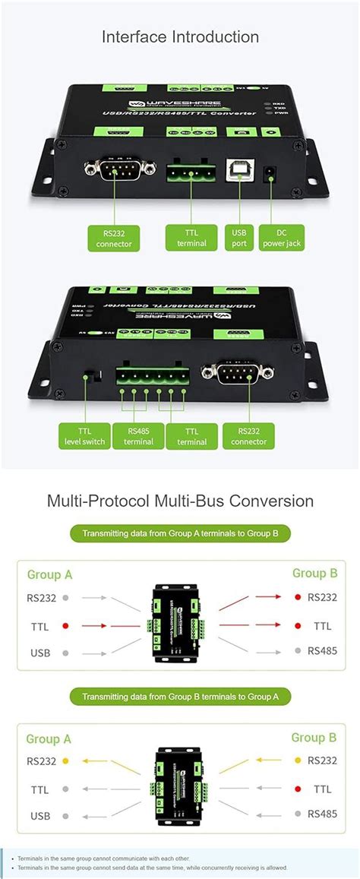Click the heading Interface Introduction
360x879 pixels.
click(x=180, y=37)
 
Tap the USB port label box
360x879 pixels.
click(x=239, y=237)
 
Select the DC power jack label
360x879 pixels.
click(x=281, y=237)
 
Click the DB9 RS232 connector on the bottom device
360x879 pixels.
click(x=236, y=372)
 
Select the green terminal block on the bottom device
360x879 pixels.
click(x=152, y=375)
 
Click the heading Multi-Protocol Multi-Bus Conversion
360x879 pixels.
click(x=180, y=501)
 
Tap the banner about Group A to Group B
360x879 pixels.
click(x=180, y=534)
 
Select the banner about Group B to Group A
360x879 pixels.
click(x=180, y=696)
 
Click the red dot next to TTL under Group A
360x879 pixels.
click(x=66, y=626)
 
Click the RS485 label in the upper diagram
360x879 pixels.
click(x=322, y=651)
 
